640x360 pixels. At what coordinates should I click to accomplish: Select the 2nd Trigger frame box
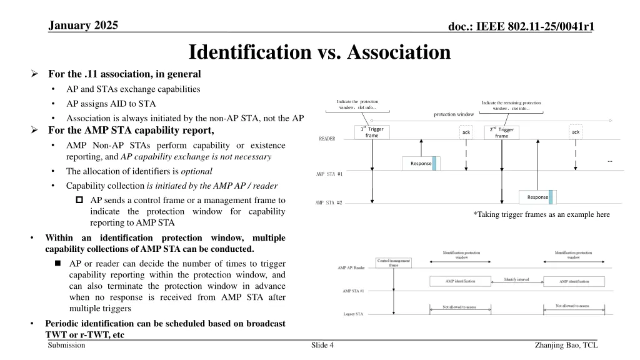[x=501, y=132]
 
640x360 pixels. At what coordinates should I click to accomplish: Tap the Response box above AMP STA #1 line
[x=421, y=163]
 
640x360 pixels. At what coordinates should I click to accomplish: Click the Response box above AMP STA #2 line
[x=537, y=197]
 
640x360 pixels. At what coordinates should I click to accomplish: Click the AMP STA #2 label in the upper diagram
[x=329, y=202]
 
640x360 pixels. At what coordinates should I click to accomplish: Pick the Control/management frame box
[x=393, y=262]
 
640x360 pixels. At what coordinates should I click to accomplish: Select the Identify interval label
[x=516, y=279]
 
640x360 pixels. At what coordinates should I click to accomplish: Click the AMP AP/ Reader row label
[x=352, y=267]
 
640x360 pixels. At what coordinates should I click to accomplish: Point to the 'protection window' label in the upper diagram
[x=454, y=114]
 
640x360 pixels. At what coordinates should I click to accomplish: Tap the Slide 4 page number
[x=322, y=345]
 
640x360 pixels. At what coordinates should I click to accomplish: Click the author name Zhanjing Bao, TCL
[x=566, y=345]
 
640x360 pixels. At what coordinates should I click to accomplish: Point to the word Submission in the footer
[x=66, y=345]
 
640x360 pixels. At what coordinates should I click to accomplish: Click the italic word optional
[x=198, y=171]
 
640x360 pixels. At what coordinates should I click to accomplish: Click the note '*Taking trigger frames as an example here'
[x=541, y=214]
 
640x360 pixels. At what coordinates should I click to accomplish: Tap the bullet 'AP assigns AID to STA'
[x=111, y=104]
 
